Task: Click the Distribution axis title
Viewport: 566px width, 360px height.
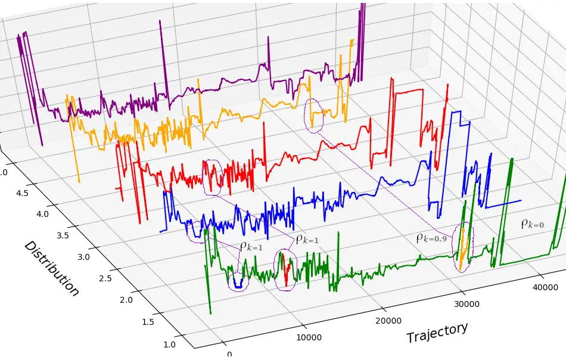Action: tap(51, 269)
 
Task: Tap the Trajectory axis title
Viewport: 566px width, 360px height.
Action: tap(437, 333)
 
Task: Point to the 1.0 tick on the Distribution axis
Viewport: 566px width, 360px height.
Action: tap(170, 344)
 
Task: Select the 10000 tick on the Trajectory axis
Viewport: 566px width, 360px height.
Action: tap(309, 337)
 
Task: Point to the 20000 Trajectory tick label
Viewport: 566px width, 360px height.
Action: tap(389, 321)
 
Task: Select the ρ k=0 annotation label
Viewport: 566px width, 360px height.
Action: tap(532, 224)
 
